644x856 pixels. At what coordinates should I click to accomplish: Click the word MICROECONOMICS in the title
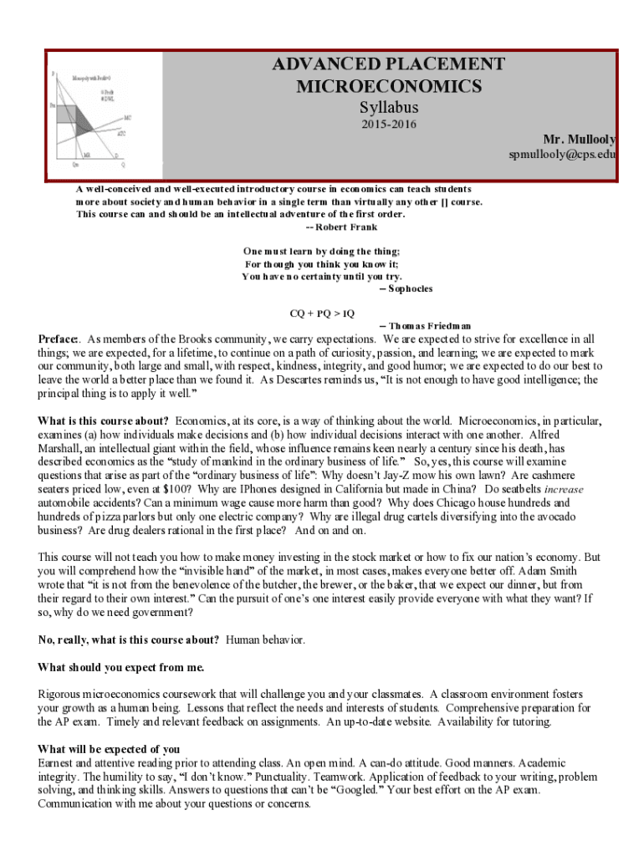[x=389, y=86]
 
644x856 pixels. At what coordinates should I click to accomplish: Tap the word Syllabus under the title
[x=389, y=108]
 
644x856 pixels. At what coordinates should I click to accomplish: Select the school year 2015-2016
[x=389, y=125]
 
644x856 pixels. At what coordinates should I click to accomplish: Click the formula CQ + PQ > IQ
[x=322, y=313]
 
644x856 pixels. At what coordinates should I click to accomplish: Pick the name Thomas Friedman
[x=424, y=325]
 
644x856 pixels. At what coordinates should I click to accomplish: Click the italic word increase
[x=564, y=488]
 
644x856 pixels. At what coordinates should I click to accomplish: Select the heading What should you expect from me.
[x=121, y=667]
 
